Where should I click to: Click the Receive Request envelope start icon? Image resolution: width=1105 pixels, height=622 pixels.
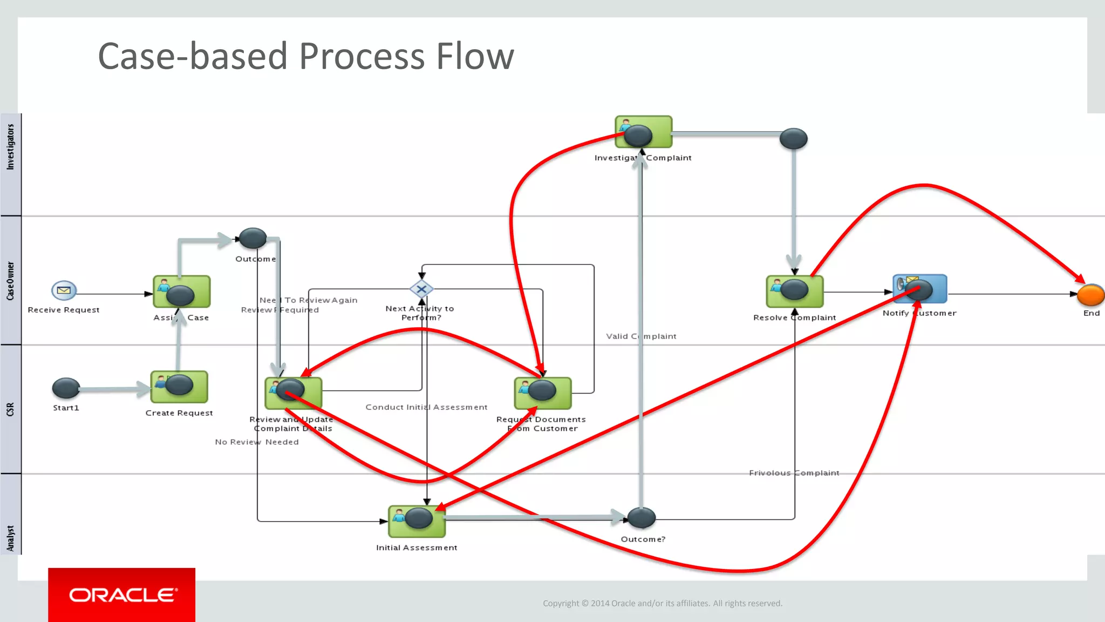(x=64, y=290)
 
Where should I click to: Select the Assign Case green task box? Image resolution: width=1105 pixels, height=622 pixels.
(x=182, y=292)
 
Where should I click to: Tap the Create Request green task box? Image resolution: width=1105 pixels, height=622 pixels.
(x=179, y=387)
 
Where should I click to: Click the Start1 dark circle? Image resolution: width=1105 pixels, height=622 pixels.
(x=66, y=388)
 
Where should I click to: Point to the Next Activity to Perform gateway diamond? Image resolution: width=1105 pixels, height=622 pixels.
(x=421, y=289)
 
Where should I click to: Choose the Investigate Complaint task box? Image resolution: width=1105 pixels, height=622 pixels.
(x=644, y=132)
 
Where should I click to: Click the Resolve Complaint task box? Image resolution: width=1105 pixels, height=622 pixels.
(x=795, y=292)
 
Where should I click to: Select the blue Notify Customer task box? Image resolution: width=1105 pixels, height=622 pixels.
(x=920, y=289)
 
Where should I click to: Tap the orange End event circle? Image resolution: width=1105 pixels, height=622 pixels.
(x=1090, y=295)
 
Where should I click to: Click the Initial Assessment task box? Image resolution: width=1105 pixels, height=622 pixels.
(x=417, y=521)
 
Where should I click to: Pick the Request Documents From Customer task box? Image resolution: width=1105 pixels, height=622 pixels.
(x=542, y=393)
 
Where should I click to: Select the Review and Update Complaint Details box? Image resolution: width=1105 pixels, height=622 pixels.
(x=293, y=393)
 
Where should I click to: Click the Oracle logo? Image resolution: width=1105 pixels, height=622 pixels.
(x=122, y=595)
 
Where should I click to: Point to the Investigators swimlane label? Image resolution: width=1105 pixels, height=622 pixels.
(x=10, y=147)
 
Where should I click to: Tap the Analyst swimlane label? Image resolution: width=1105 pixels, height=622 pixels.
(x=10, y=538)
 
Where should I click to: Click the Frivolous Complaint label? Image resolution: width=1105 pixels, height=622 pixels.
(x=794, y=473)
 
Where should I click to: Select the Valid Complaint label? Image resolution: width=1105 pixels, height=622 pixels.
(x=641, y=336)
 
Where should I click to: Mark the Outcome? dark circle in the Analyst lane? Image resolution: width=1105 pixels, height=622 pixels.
(x=641, y=518)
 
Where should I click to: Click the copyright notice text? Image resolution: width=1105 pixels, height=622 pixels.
(x=662, y=603)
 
